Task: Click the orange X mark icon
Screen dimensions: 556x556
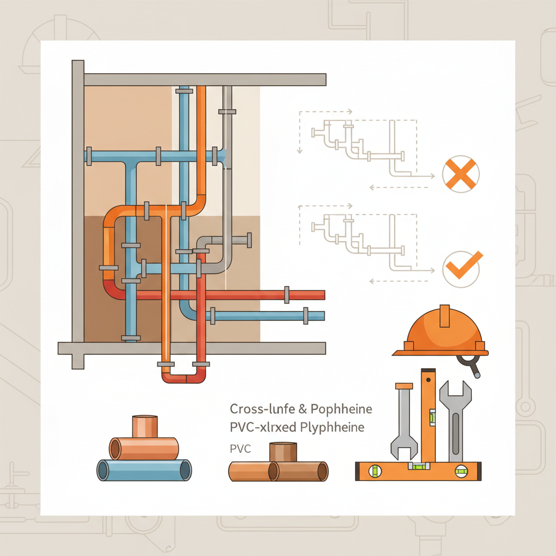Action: (x=460, y=174)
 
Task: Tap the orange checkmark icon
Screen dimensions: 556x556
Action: (x=463, y=266)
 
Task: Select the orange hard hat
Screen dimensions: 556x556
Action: (x=441, y=332)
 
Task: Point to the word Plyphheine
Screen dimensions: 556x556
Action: (x=332, y=427)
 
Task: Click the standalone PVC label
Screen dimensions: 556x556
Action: (x=240, y=449)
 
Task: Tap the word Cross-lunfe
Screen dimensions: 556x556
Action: (x=262, y=409)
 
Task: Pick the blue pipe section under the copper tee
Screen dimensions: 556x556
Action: (x=144, y=470)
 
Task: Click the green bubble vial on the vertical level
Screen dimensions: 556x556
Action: (x=432, y=418)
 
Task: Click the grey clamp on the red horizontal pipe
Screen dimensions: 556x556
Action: (x=287, y=295)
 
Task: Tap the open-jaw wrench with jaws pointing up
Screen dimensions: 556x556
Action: (x=456, y=421)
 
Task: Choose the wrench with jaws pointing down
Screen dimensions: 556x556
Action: (x=404, y=422)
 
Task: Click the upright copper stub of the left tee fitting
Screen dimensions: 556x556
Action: (x=144, y=427)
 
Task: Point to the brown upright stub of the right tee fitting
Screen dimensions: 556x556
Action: (x=283, y=452)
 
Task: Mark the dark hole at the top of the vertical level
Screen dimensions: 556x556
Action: (x=428, y=380)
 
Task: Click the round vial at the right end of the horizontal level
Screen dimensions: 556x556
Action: (x=462, y=471)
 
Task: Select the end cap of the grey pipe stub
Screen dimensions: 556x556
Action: (x=249, y=240)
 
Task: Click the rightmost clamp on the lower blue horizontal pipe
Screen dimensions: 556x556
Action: (x=306, y=315)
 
